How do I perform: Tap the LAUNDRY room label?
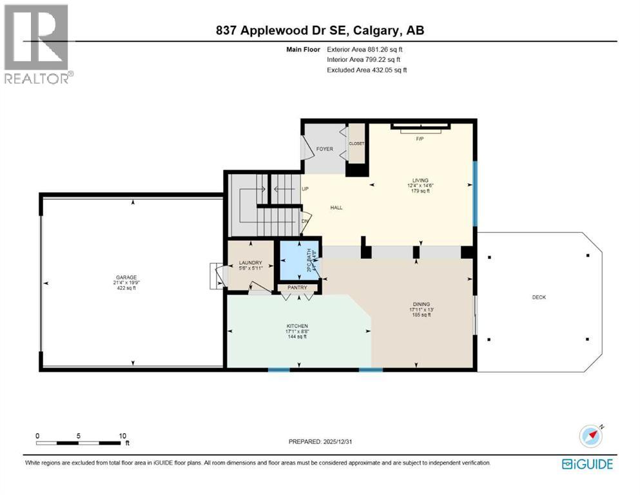[x=249, y=262]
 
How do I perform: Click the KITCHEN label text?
[x=297, y=326]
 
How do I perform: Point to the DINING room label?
[x=422, y=304]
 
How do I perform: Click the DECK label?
[x=539, y=296]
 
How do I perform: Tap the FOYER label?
[x=324, y=149]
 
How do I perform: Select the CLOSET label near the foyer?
[x=356, y=144]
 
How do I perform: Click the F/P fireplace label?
[x=420, y=139]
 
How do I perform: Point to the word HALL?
[x=336, y=208]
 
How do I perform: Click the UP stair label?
[x=306, y=189]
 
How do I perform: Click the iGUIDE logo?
[x=587, y=464]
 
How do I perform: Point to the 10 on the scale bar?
[x=122, y=436]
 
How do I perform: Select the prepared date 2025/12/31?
[x=322, y=442]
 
